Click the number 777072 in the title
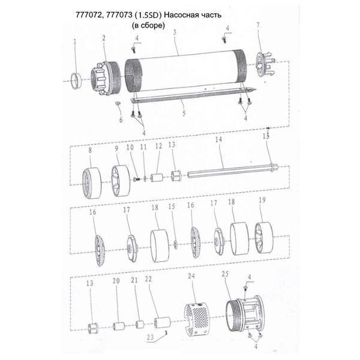click(x=88, y=15)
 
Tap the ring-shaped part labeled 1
click(x=76, y=80)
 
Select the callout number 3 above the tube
click(x=175, y=32)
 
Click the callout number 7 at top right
click(x=258, y=25)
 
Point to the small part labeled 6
click(x=118, y=103)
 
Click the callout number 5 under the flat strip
click(x=184, y=113)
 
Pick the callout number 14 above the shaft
click(x=218, y=139)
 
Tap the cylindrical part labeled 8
click(x=92, y=183)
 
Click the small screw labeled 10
click(x=137, y=179)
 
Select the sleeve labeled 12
click(x=157, y=178)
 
